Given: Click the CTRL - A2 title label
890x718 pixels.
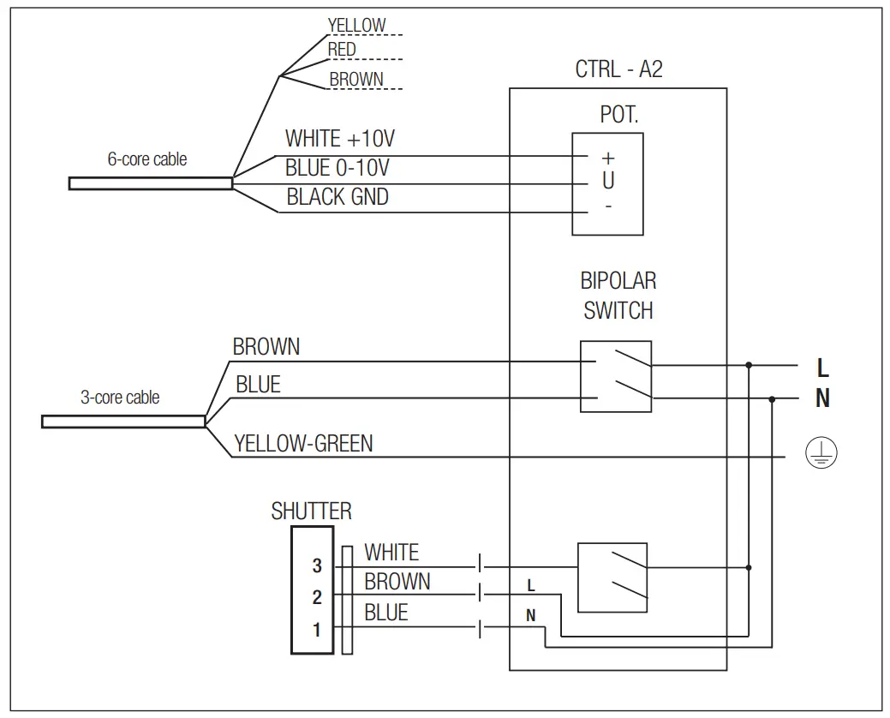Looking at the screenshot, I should point(618,69).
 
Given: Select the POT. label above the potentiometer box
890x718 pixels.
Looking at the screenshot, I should point(618,115).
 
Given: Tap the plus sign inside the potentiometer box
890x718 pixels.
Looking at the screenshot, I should point(608,158).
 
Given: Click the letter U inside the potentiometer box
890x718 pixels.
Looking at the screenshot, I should point(608,182).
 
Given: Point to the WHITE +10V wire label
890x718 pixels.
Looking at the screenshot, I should point(339,139).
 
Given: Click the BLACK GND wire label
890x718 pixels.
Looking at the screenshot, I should point(337,197).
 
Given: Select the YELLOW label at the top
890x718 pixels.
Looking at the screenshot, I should point(356,26).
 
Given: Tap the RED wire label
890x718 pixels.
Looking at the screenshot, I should point(342,50).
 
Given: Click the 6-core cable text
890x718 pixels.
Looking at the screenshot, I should point(146,159).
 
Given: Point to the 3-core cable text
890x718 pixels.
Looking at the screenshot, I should point(120,398).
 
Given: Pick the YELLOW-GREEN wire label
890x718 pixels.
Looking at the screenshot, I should point(303,443).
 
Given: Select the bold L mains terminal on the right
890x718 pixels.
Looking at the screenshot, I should point(822,368).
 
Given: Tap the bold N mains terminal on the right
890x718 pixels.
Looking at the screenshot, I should point(822,399).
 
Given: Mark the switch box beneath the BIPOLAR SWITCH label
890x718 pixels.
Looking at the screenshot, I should point(615,376).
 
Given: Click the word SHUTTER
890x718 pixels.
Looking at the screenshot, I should point(311,512).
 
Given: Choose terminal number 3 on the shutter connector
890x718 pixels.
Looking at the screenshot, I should point(317,565).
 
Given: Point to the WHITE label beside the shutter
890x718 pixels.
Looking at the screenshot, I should point(391,553).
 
